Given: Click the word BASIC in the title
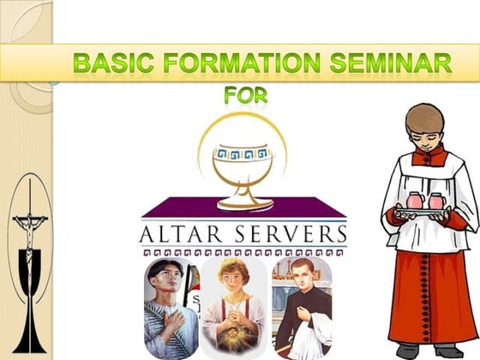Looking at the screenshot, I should pyautogui.click(x=108, y=63).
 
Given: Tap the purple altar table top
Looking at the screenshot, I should pyautogui.click(x=244, y=207).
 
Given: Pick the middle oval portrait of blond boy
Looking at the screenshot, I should pyautogui.click(x=232, y=304).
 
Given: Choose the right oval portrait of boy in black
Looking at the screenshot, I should pyautogui.click(x=302, y=304).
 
